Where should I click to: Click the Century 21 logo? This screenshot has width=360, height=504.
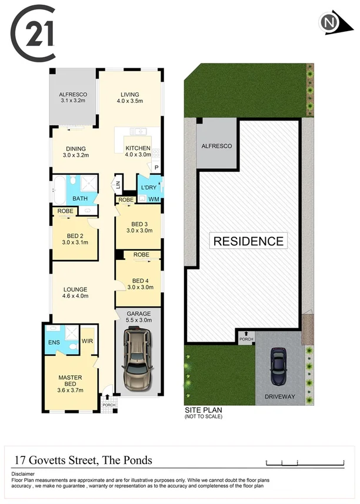pyautogui.click(x=34, y=33)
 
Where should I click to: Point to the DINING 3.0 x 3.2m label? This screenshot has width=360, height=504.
pyautogui.click(x=75, y=152)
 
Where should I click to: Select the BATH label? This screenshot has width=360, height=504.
pyautogui.click(x=80, y=199)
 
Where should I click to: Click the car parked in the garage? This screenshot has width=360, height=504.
pyautogui.click(x=135, y=358)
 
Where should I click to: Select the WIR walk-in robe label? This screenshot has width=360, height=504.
pyautogui.click(x=88, y=341)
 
